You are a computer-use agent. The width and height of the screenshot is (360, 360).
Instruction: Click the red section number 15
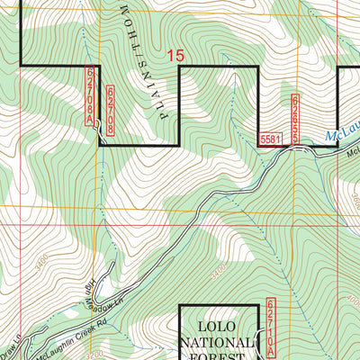coord(175,56)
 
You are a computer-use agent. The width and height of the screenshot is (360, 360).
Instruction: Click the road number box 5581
coord(270,139)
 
